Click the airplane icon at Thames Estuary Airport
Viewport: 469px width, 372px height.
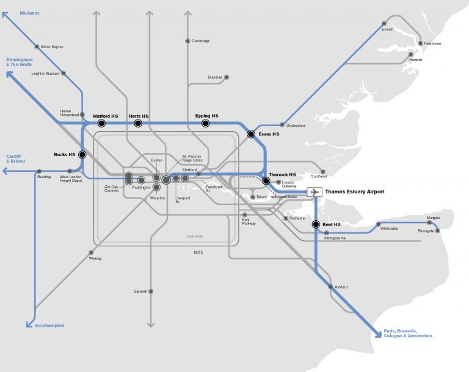(314, 192)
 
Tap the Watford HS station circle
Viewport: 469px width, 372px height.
(101, 123)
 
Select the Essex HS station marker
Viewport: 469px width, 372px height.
(250, 134)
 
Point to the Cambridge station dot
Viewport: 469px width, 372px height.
(187, 41)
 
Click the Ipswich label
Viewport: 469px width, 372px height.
(388, 29)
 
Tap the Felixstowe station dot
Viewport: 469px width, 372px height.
(420, 43)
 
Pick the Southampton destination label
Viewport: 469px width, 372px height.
(49, 326)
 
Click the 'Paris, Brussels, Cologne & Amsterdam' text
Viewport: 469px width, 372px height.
(407, 334)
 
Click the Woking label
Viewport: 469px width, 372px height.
(95, 259)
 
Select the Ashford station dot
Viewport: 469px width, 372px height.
(329, 287)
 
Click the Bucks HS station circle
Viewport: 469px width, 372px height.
(82, 155)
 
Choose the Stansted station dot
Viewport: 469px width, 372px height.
(227, 77)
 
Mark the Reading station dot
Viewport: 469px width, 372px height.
(39, 171)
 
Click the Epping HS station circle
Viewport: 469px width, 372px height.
(206, 123)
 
